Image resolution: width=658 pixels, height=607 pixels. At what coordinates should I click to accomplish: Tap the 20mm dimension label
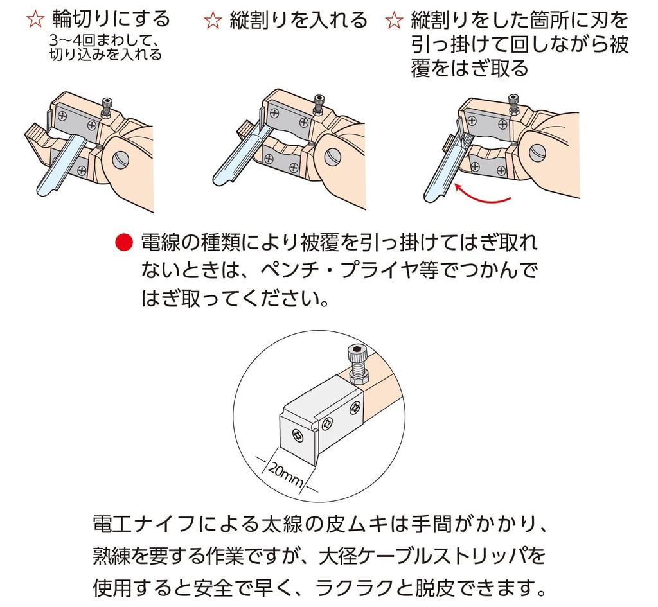(285, 474)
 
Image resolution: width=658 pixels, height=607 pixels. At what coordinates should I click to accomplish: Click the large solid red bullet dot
(124, 242)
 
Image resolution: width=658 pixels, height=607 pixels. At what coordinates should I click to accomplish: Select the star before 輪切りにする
(35, 19)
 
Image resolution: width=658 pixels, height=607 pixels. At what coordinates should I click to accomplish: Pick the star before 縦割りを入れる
(213, 20)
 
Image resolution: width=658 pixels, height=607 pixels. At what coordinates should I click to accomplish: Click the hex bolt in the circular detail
(357, 364)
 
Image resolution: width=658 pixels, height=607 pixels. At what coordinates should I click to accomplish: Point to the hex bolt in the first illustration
(107, 107)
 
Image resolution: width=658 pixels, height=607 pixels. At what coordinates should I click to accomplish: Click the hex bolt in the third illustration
(513, 105)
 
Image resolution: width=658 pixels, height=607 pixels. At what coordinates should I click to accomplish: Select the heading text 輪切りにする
(112, 19)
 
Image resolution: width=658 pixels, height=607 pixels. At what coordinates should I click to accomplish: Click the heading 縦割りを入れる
(298, 20)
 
